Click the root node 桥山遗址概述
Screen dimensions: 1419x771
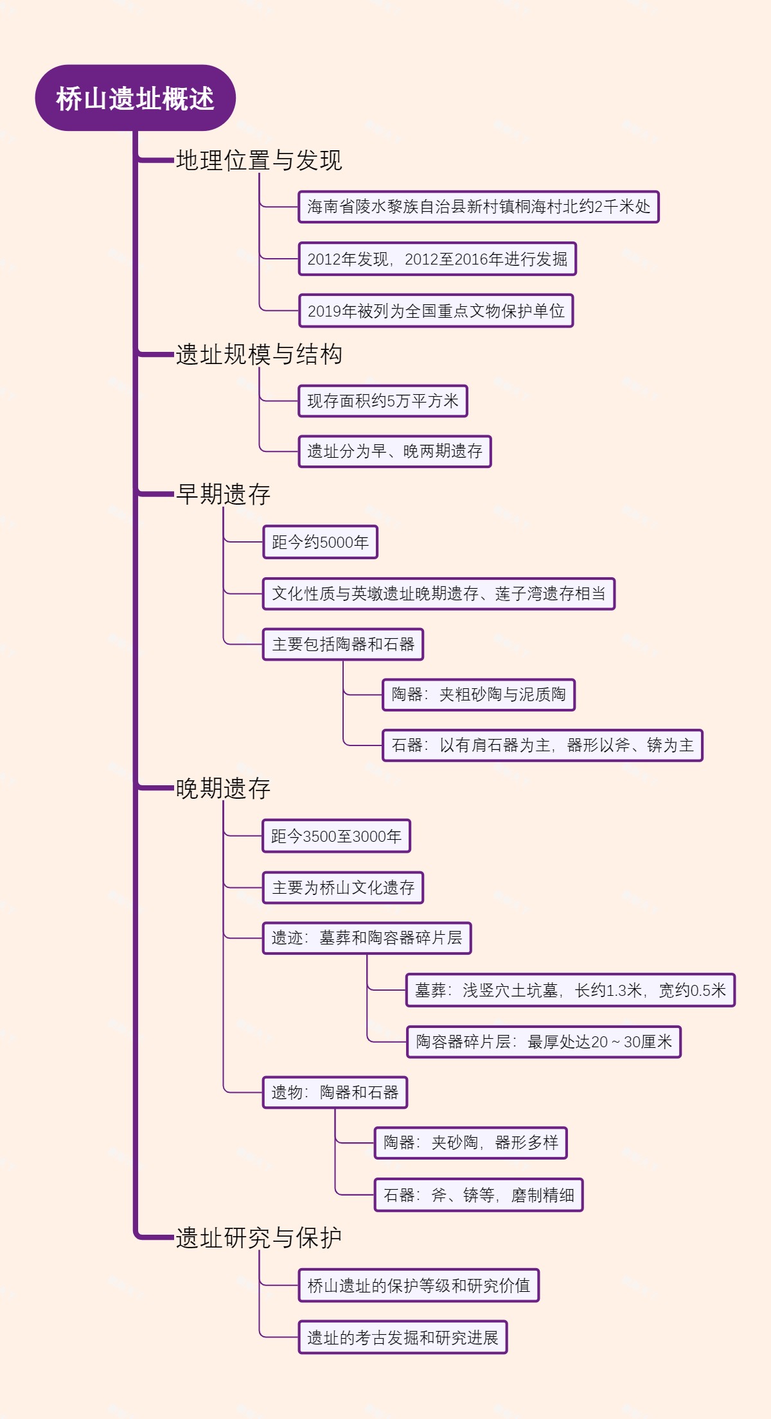[x=135, y=98]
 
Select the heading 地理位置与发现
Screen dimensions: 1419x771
[x=259, y=161]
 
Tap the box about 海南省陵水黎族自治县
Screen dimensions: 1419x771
[x=479, y=207]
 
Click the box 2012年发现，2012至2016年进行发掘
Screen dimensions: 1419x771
[x=437, y=259]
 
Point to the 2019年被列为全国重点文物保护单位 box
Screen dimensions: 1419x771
[x=436, y=311]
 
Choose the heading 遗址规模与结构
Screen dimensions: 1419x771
[x=259, y=354]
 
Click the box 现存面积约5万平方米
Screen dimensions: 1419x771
[x=383, y=401]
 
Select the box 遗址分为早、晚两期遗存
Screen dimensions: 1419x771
[x=394, y=451]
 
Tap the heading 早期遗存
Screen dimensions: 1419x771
[x=224, y=494]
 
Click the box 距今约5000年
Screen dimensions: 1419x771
[x=320, y=543]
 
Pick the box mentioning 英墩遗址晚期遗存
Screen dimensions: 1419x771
[x=438, y=594]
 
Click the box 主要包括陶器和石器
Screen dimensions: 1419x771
[x=343, y=645]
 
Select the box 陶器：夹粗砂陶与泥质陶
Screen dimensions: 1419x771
[x=479, y=695]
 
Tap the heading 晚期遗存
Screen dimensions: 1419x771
[x=224, y=788]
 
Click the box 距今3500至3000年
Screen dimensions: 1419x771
[x=336, y=837]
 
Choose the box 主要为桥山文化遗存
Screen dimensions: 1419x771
[x=343, y=888]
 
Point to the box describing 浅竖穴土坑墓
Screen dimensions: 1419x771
[x=570, y=991]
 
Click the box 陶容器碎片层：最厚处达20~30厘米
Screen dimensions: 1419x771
[x=544, y=1042]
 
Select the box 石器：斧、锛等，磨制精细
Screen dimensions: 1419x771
[x=479, y=1196]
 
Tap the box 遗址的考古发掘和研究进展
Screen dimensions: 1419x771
[x=403, y=1338]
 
